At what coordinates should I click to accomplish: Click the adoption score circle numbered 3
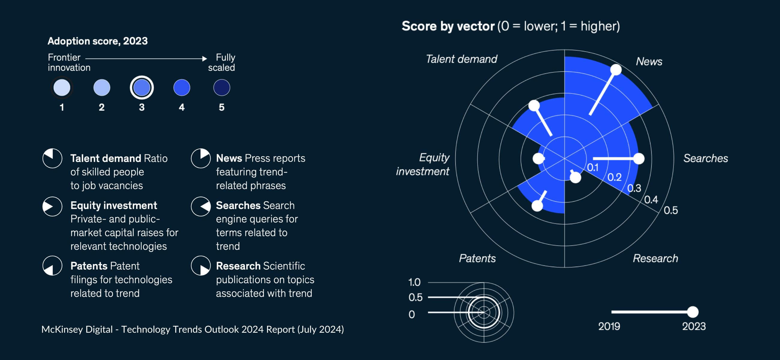(142, 88)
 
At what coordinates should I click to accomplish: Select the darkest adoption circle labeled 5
(222, 88)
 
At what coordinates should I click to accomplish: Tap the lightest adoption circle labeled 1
(62, 88)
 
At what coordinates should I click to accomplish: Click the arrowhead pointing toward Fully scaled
(205, 58)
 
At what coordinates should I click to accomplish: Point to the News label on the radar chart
(649, 61)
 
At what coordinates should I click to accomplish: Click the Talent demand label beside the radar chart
(461, 59)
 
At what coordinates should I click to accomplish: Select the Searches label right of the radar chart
(705, 158)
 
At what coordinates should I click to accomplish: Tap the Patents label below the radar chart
(477, 258)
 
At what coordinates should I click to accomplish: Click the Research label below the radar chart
(655, 258)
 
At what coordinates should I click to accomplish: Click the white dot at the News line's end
(616, 70)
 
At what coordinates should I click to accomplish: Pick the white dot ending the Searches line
(639, 158)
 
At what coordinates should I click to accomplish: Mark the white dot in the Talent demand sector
(534, 106)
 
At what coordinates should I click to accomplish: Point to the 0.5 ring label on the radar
(670, 210)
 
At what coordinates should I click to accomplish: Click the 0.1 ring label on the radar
(592, 167)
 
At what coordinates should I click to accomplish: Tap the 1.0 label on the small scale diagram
(414, 282)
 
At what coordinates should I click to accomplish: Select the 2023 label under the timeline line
(693, 326)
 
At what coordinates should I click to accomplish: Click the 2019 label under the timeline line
(609, 326)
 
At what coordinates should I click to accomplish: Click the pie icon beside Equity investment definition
(52, 206)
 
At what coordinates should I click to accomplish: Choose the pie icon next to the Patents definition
(52, 266)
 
